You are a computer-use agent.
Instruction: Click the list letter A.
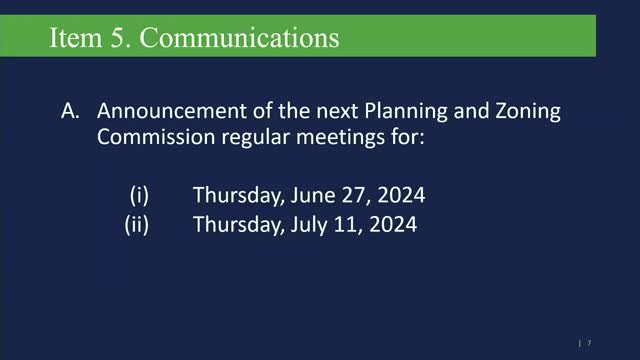[x=70, y=111]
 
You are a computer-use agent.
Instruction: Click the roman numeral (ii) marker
[x=137, y=225]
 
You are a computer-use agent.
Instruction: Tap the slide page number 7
[x=589, y=341]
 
